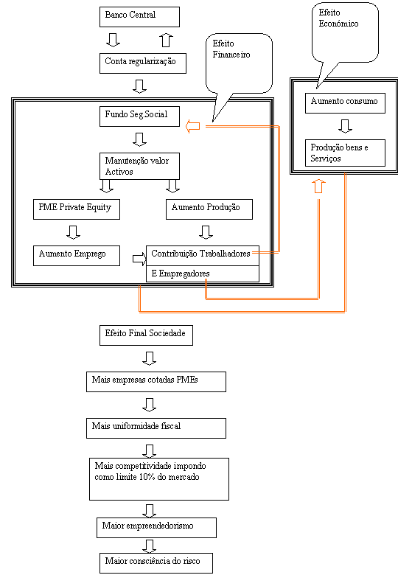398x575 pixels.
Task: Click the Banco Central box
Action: point(139,17)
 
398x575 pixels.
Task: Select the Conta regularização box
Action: point(143,63)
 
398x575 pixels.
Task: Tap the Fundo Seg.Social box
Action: point(139,116)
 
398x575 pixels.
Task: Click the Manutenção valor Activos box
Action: point(139,166)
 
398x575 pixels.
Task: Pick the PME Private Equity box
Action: point(77,209)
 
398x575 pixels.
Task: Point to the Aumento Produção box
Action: point(209,209)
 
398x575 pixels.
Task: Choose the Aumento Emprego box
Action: point(77,256)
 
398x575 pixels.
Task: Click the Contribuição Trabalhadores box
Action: point(203,256)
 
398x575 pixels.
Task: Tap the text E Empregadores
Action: point(181,273)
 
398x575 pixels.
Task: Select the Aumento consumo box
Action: point(345,103)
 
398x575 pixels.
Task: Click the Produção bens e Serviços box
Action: point(345,153)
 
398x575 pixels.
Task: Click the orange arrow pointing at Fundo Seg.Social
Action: point(193,126)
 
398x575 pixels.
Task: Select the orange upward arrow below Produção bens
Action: point(319,187)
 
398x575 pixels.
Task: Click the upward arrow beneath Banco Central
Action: point(167,40)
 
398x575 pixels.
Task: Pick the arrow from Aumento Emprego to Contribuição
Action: point(139,259)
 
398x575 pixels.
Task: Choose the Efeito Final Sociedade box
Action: point(146,335)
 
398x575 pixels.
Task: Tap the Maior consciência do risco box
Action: point(156,563)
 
